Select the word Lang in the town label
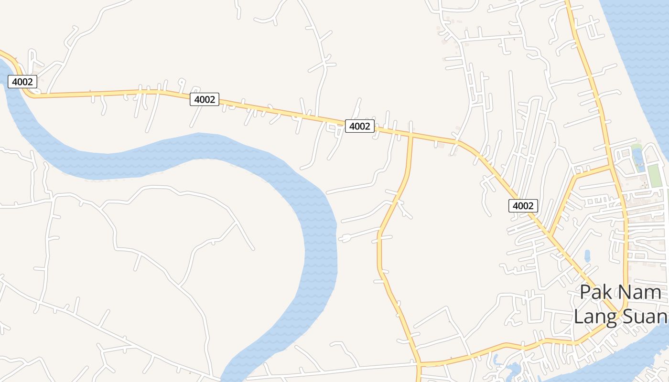pos(593,316)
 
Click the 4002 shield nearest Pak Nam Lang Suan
pos(523,206)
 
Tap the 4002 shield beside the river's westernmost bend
pos(22,82)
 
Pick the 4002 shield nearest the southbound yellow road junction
pos(359,126)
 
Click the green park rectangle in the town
pos(654,175)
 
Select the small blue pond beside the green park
pos(637,158)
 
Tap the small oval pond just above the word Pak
pos(587,256)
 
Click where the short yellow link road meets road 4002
pos(550,235)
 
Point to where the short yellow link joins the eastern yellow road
pos(612,167)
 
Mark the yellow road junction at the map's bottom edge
pos(419,365)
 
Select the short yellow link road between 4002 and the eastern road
pos(569,191)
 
